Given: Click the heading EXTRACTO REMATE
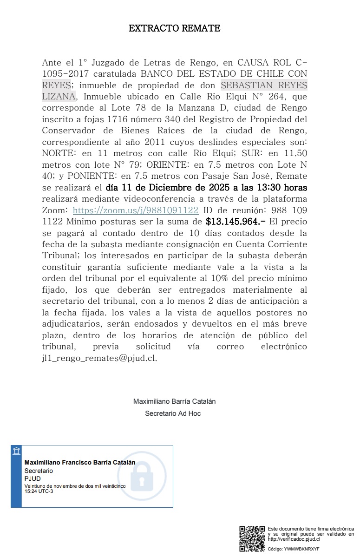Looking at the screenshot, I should coord(174,28).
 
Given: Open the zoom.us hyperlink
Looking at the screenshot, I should coord(136,210).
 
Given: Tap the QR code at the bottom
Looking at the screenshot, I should coord(252,538).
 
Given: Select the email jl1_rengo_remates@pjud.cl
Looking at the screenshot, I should coord(99,358).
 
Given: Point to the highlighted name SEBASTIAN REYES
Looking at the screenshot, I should coord(263,85).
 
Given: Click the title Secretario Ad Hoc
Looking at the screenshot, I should coord(173,413).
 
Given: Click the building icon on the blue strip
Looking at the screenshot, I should coord(16,451).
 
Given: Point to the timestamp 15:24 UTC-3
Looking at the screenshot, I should coord(39,491).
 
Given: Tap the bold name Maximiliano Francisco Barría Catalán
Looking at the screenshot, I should coord(79,462).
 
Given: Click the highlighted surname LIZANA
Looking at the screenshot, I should coord(59,97).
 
